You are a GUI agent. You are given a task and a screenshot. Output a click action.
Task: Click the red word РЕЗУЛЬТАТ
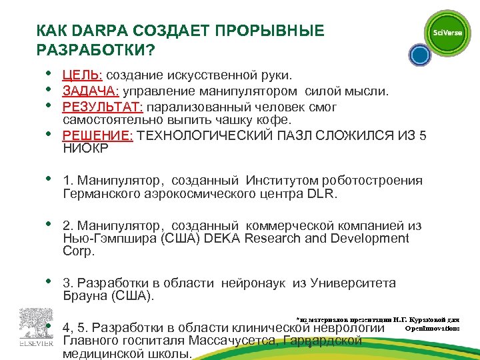pyautogui.click(x=103, y=107)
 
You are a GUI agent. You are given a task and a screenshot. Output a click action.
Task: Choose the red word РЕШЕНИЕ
pyautogui.click(x=97, y=136)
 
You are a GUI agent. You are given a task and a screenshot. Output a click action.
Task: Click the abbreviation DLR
pyautogui.click(x=322, y=194)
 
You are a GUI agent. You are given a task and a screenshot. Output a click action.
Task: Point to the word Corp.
pyautogui.click(x=79, y=251)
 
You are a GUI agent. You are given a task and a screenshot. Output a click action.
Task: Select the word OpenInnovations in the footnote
pyautogui.click(x=431, y=328)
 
